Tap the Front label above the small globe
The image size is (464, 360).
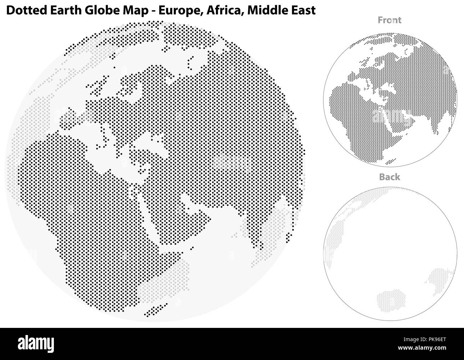coord(389,20)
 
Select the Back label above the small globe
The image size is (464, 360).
coord(389,177)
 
